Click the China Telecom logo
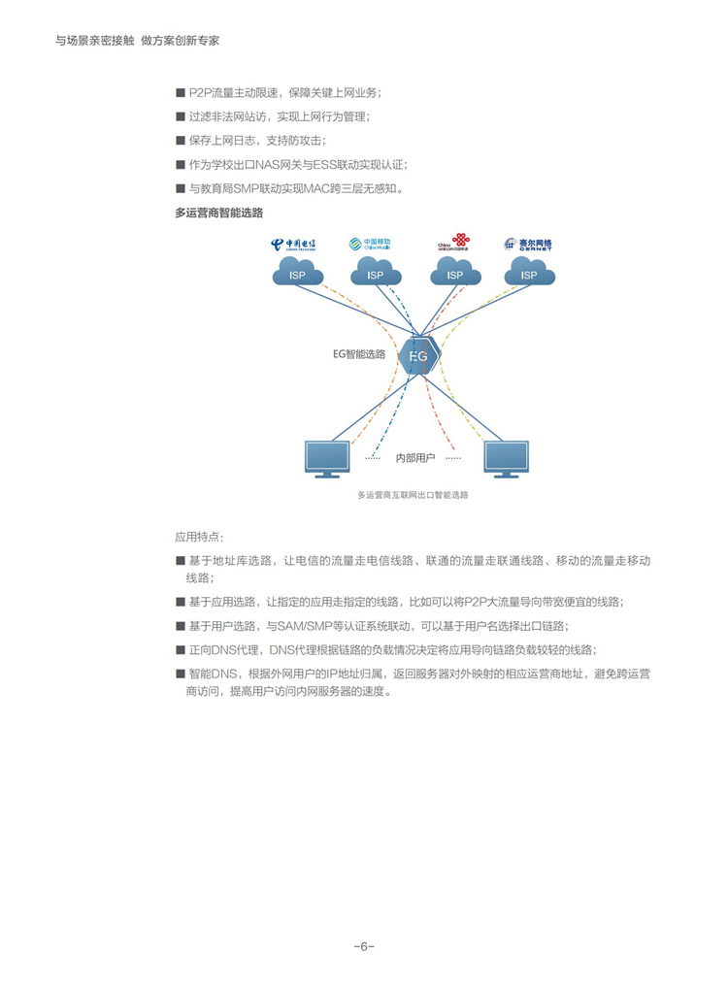293,245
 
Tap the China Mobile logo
370,245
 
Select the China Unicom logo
453,245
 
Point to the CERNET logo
528,245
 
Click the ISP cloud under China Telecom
298,273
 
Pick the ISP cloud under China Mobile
376,273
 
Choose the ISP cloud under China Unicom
454,273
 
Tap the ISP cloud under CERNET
529,273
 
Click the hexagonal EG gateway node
417,356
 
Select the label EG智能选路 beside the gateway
359,354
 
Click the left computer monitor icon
326,457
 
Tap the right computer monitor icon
507,457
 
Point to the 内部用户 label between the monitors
414,456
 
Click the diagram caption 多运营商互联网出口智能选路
413,495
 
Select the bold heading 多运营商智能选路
218,212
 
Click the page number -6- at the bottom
364,946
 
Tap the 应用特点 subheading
198,536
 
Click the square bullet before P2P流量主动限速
180,93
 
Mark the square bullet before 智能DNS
180,674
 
